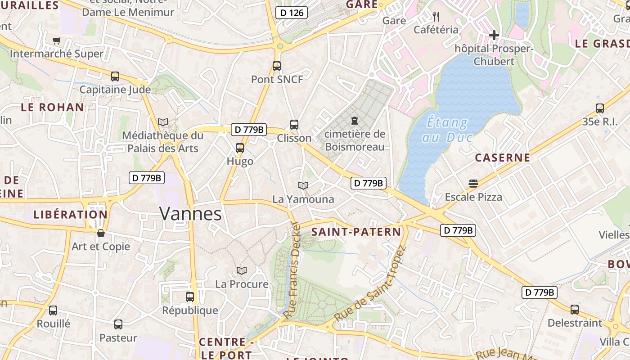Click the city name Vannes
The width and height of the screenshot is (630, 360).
(x=190, y=214)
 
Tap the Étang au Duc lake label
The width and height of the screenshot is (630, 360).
(x=446, y=130)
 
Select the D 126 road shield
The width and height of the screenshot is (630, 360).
(x=292, y=13)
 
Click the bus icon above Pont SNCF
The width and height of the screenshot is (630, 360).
(x=277, y=66)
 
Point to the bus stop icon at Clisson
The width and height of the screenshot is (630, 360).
(x=294, y=125)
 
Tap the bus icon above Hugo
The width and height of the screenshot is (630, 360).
(x=240, y=148)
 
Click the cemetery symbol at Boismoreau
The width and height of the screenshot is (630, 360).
(x=355, y=121)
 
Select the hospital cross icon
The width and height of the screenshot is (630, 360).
(x=494, y=35)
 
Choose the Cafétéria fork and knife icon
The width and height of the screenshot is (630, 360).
(x=436, y=17)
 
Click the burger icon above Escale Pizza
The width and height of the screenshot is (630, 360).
(x=473, y=183)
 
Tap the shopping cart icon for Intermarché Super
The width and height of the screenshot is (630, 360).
(x=56, y=41)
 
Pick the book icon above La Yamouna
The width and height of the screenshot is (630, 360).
(x=303, y=185)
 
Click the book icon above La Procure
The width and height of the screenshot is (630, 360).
(x=242, y=270)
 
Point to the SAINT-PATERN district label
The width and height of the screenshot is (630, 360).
(x=356, y=232)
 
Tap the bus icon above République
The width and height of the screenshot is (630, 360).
(x=190, y=297)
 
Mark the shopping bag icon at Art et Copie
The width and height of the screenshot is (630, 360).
(x=101, y=233)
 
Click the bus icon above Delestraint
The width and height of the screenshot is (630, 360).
(x=575, y=310)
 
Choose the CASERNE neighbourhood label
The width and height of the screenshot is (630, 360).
(x=503, y=158)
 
